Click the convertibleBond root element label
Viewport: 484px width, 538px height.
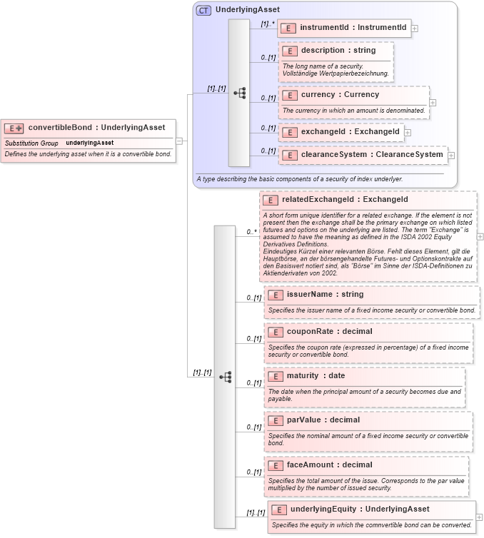coord(96,128)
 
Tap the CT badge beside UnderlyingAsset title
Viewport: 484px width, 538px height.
coord(203,10)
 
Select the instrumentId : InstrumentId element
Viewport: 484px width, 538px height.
coord(353,28)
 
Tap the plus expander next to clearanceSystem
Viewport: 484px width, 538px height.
coord(451,155)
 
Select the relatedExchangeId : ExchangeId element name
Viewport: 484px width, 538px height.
coord(345,199)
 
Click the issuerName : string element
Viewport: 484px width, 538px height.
coord(325,294)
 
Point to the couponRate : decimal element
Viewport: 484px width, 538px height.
coord(329,331)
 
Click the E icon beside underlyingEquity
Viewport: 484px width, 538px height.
coord(279,509)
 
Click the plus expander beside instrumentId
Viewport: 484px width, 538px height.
coord(415,29)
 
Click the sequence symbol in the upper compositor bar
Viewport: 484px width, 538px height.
coord(239,93)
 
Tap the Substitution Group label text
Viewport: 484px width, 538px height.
coord(31,143)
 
